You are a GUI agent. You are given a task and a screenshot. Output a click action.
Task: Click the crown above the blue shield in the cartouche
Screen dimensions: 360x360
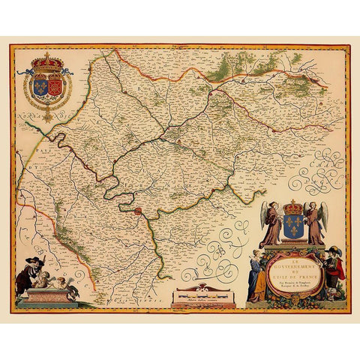tap(293, 206)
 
